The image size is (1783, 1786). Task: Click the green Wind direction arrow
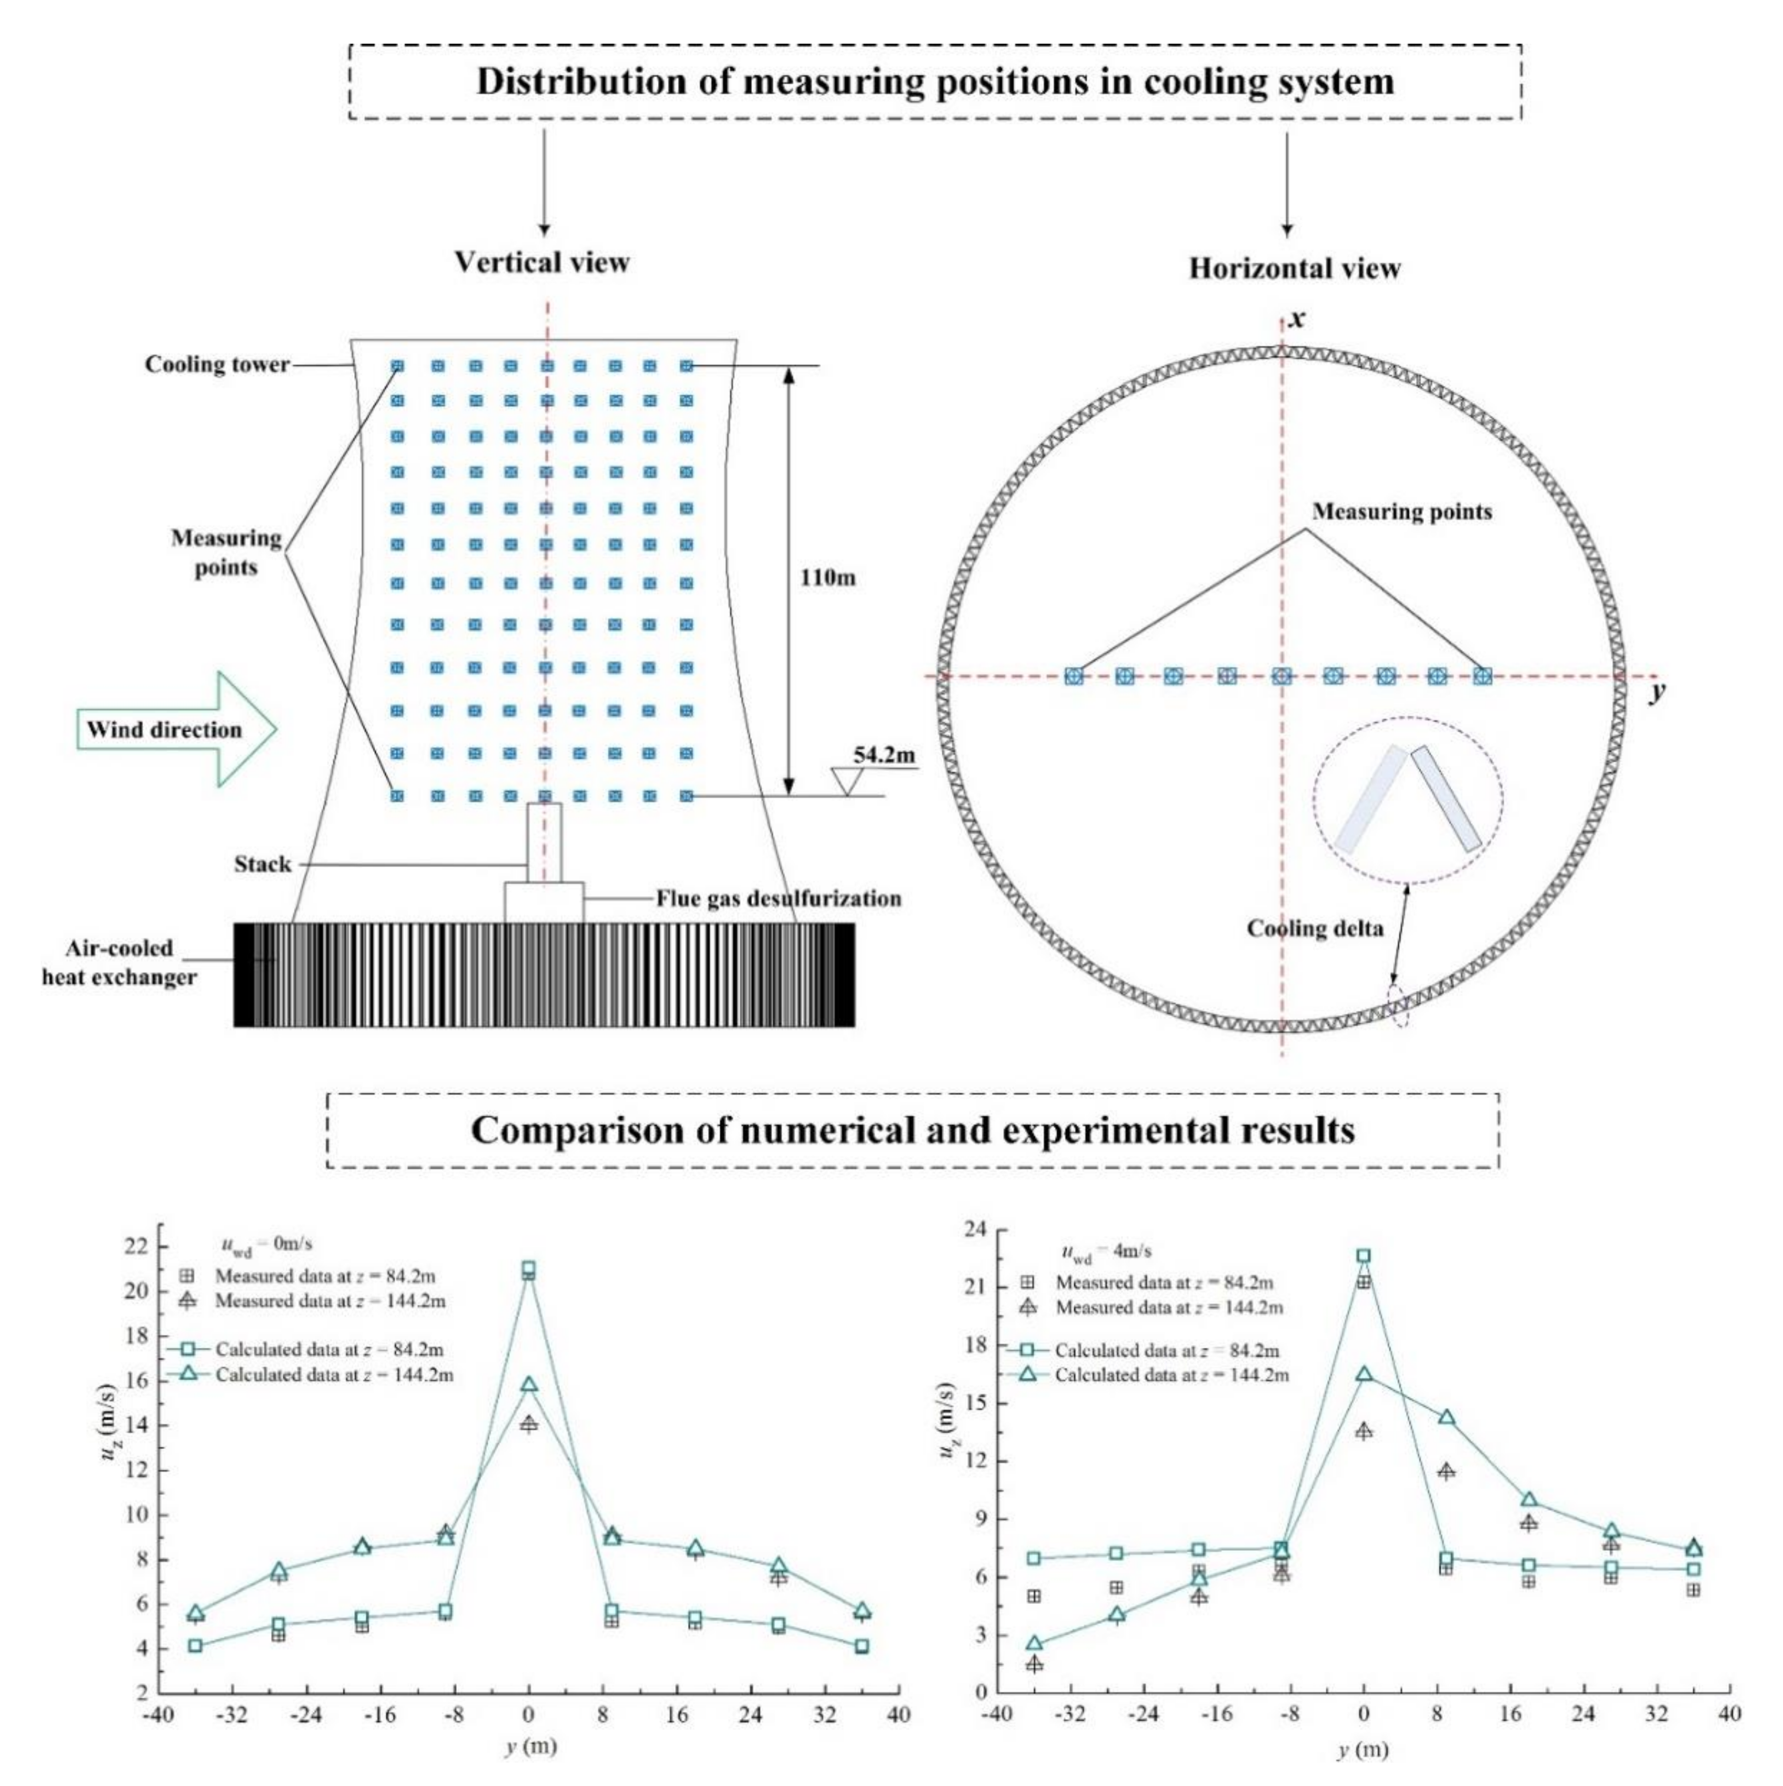click(x=176, y=729)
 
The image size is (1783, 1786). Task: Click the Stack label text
click(x=263, y=865)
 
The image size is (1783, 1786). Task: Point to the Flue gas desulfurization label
click(x=778, y=899)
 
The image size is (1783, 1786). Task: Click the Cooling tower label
click(x=217, y=364)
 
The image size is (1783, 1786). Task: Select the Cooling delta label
click(x=1315, y=928)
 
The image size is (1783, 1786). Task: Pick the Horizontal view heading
click(x=1294, y=269)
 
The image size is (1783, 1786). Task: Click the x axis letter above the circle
click(x=1298, y=319)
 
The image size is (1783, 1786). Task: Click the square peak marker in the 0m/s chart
click(x=528, y=1268)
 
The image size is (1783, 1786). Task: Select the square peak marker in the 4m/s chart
click(x=1364, y=1256)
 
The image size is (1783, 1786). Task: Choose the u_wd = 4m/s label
click(x=1106, y=1252)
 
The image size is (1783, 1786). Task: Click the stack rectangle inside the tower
click(x=544, y=842)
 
